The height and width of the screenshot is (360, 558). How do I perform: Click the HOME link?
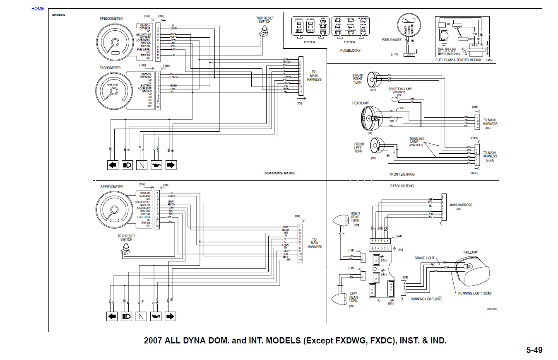(37, 8)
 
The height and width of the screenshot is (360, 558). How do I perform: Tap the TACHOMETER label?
(110, 68)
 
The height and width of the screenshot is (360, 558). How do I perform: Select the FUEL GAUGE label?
(392, 40)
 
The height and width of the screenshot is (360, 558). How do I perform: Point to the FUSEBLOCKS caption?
(350, 51)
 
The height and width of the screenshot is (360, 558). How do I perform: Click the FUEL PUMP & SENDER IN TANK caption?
(458, 60)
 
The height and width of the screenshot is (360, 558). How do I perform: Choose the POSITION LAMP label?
(400, 89)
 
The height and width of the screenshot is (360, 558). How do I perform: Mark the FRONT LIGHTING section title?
(402, 174)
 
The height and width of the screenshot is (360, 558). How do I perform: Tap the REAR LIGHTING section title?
(402, 186)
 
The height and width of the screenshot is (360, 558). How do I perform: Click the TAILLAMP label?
(470, 252)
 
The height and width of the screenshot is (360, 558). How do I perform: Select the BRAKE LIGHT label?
(425, 258)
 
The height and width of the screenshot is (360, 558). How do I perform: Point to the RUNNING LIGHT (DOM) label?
(475, 293)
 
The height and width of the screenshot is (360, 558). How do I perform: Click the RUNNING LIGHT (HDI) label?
(426, 299)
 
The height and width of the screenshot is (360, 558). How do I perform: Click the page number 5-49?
(534, 350)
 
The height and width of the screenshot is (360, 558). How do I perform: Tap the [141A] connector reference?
(488, 60)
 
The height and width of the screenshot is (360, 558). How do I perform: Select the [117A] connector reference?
(394, 55)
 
